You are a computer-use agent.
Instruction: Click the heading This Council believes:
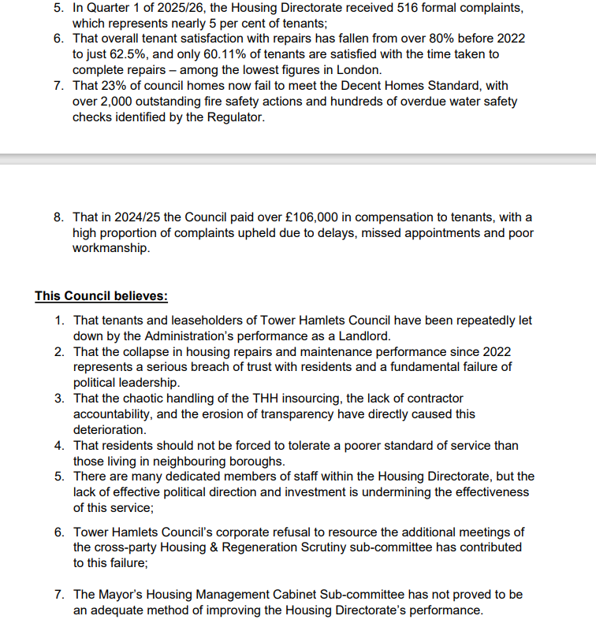[x=101, y=297]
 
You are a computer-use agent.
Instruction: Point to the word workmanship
[x=110, y=248]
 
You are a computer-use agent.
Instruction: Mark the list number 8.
[x=59, y=217]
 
